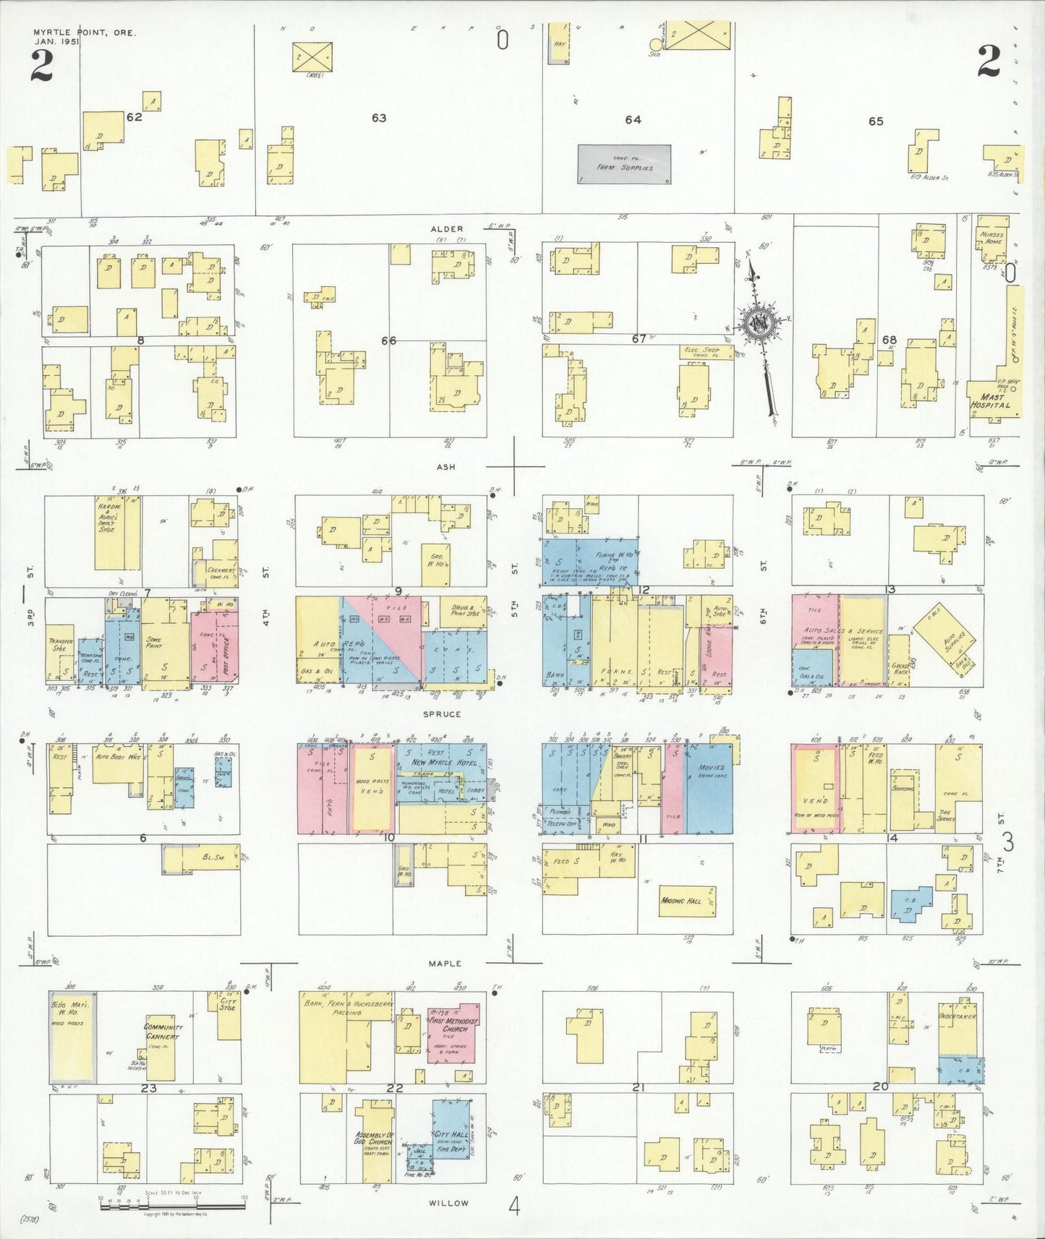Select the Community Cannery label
click(163, 1032)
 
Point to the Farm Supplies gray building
click(624, 164)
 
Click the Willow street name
click(448, 1203)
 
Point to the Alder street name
click(446, 229)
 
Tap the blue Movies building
click(709, 788)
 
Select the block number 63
click(379, 118)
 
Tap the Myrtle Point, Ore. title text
click(84, 33)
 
